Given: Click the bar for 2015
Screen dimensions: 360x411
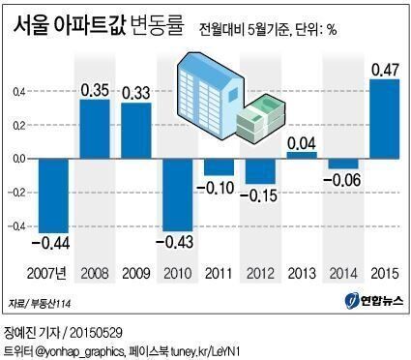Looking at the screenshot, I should tap(384, 118).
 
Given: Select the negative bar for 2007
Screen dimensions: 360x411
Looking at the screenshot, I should tap(53, 195).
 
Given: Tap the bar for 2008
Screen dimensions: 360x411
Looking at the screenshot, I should tap(94, 129).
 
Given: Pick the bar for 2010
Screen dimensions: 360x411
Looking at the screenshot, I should tap(176, 194).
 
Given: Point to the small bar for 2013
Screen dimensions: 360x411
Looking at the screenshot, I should tap(302, 154).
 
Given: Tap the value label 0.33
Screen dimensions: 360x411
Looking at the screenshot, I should tap(134, 94).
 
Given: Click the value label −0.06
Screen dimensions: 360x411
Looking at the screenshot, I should tap(341, 181).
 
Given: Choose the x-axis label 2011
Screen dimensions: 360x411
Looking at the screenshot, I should tap(218, 272).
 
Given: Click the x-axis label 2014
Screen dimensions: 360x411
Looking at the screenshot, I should tap(342, 272).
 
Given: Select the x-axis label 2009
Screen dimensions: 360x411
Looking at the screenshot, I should tap(134, 272).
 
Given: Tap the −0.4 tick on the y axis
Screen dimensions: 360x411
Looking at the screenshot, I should tap(16, 226).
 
